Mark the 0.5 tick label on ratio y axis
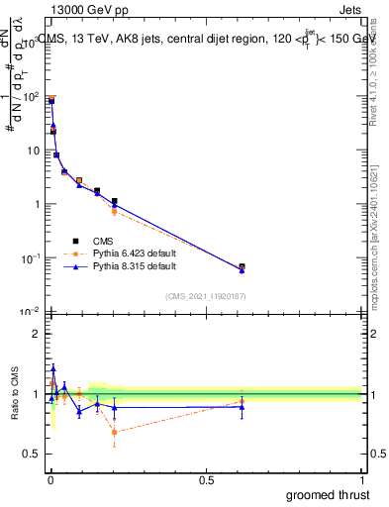34,454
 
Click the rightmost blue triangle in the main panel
242,269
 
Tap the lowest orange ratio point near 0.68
115,432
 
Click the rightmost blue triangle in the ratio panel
242,407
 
